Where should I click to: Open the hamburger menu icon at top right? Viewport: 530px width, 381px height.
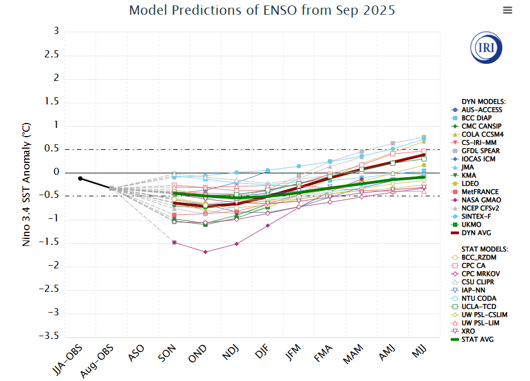coord(508,10)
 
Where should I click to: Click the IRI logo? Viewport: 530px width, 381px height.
coord(485,45)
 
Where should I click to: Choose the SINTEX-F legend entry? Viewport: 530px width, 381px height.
coord(479,216)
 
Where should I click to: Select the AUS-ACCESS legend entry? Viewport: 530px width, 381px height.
coord(481,110)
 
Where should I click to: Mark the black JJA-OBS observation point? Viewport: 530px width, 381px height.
coord(80,179)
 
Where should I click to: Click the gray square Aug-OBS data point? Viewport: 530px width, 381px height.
coord(111,189)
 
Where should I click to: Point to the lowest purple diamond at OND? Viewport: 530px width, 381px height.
coord(205,252)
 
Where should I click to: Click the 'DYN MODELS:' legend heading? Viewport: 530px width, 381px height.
coord(484,102)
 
